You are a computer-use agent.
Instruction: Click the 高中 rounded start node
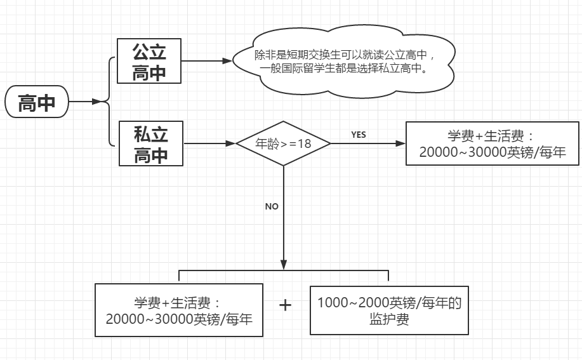coord(36,102)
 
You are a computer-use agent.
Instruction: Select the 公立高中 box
coord(149,61)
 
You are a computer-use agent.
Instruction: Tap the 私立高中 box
coord(150,143)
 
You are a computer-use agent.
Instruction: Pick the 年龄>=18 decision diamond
coord(283,143)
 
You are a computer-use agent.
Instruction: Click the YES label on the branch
coord(359,135)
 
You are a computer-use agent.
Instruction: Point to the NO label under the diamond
coord(272,206)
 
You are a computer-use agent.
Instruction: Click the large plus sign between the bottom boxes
coord(286,305)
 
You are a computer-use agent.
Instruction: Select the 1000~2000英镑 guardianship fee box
coord(389,310)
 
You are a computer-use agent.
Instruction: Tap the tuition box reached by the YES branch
coord(492,143)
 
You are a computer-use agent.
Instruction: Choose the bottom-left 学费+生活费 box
coord(179,310)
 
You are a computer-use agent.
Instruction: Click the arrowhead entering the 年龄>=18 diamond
coord(231,143)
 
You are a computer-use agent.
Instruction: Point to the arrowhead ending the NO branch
coord(283,264)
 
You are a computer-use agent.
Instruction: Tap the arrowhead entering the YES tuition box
coord(400,143)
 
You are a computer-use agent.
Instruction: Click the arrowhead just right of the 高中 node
coord(96,102)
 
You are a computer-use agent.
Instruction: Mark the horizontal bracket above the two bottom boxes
coord(283,271)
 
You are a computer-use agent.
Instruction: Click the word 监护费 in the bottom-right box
coord(389,319)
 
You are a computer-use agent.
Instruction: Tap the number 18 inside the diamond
coord(305,143)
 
